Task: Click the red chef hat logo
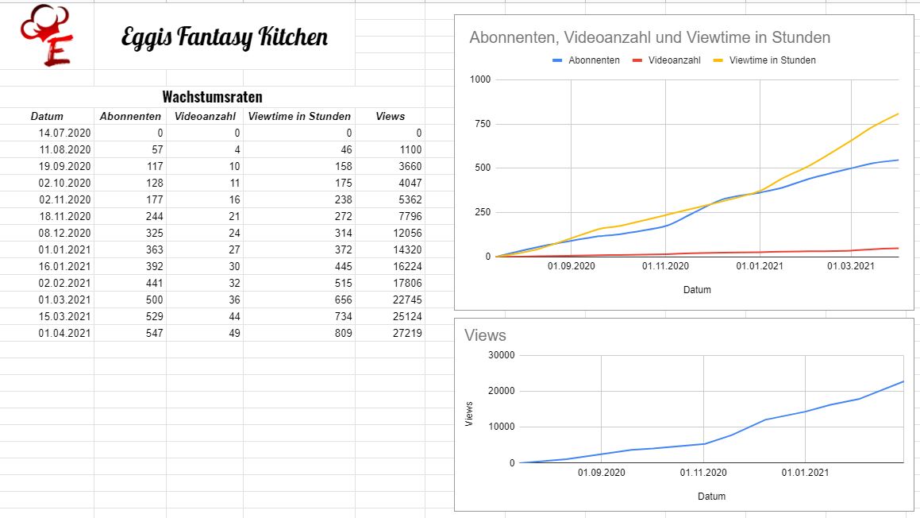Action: (x=46, y=35)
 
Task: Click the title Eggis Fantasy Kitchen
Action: (x=224, y=37)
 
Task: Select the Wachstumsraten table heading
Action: (x=212, y=97)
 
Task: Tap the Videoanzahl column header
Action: (x=205, y=116)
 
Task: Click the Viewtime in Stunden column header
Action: (x=299, y=116)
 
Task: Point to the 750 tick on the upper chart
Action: (x=481, y=124)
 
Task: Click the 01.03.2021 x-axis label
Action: (x=850, y=266)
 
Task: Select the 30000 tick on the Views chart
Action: (x=499, y=355)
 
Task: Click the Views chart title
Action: (x=485, y=335)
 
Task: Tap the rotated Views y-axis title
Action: (x=469, y=413)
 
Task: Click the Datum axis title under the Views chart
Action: (x=711, y=497)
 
